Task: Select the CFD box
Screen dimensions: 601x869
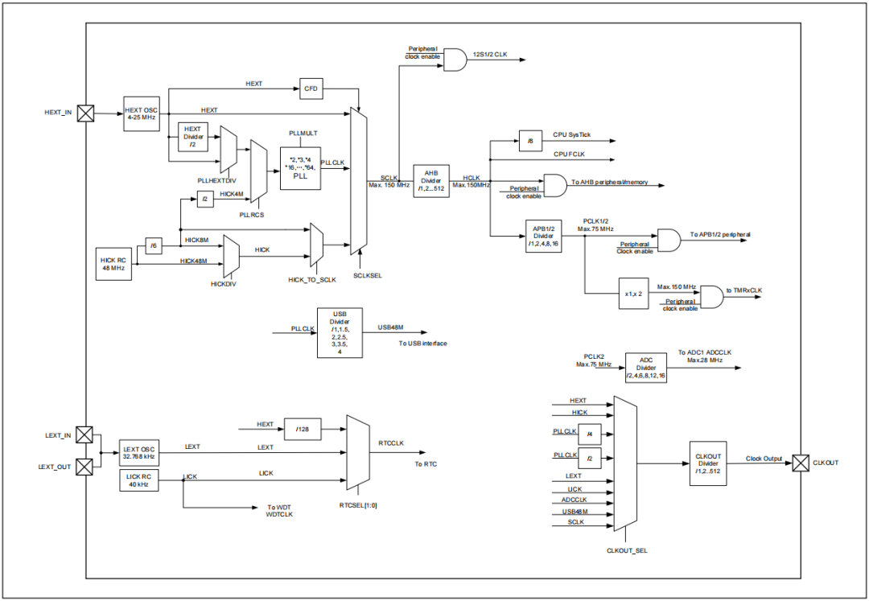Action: (x=311, y=89)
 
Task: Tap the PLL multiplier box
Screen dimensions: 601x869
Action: (x=300, y=168)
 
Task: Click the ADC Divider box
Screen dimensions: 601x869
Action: (x=646, y=367)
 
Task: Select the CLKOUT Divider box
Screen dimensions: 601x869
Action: (x=708, y=463)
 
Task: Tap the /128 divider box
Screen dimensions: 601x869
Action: (x=302, y=430)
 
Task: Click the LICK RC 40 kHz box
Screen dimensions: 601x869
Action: (x=138, y=480)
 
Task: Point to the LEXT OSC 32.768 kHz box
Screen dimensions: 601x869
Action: (x=138, y=452)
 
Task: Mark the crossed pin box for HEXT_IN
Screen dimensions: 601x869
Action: (x=84, y=113)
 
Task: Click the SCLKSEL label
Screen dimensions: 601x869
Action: (x=367, y=274)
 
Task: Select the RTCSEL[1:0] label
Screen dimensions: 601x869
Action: (x=358, y=505)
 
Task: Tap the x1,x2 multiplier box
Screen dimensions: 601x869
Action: (x=632, y=293)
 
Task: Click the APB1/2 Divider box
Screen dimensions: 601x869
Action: (x=543, y=236)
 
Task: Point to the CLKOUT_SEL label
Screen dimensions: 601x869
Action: (x=627, y=551)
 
